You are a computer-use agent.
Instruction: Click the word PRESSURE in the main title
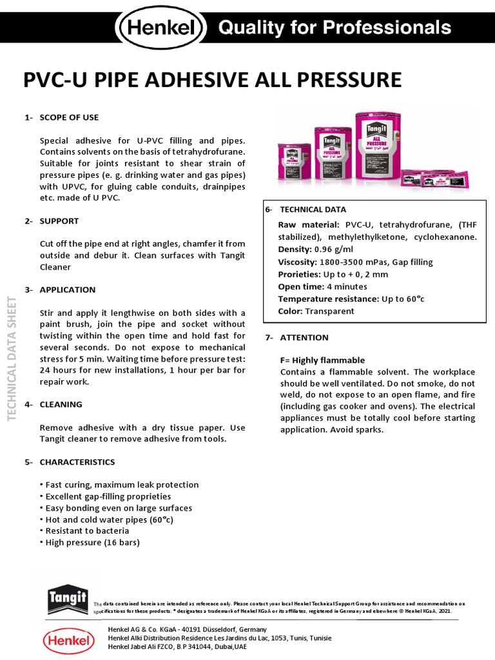(x=349, y=80)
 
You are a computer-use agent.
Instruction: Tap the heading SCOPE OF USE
(x=69, y=117)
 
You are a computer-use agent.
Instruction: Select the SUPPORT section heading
(x=59, y=221)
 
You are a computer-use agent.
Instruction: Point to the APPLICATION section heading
(x=67, y=290)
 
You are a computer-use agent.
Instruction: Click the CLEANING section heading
(x=61, y=405)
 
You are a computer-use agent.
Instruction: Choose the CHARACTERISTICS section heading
(x=77, y=462)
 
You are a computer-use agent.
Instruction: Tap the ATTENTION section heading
(x=304, y=338)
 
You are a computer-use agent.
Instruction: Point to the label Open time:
(x=301, y=287)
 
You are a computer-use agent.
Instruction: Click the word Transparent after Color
(x=329, y=311)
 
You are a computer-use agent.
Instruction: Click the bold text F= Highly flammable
(x=322, y=360)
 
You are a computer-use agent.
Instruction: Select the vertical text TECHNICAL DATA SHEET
(x=12, y=358)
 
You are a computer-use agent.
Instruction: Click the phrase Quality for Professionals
(x=334, y=28)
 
